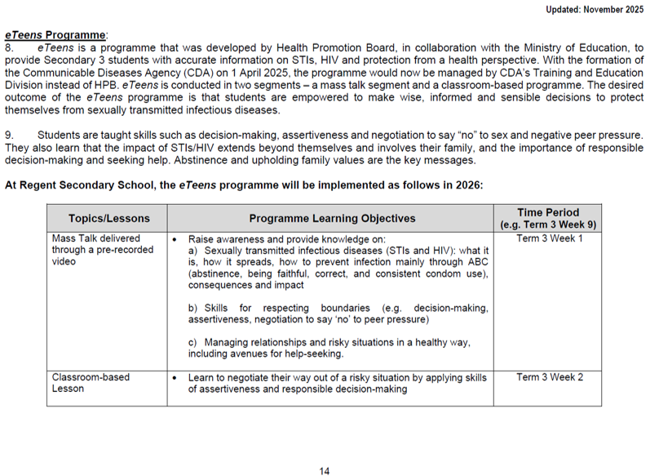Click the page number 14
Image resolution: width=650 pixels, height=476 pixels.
tap(325, 470)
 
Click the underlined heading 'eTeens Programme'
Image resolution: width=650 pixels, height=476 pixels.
tap(56, 36)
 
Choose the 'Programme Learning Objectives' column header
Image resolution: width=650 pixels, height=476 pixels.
tap(332, 218)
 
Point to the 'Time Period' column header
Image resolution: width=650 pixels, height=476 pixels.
tap(548, 212)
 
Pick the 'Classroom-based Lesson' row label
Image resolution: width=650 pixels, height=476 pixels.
tap(91, 383)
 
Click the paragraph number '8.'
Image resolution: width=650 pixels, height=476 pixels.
tap(10, 49)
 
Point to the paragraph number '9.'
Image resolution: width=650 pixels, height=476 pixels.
tap(10, 134)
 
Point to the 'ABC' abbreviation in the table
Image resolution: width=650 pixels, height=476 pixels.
tap(477, 262)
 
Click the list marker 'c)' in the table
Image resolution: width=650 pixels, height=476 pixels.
tap(193, 343)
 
